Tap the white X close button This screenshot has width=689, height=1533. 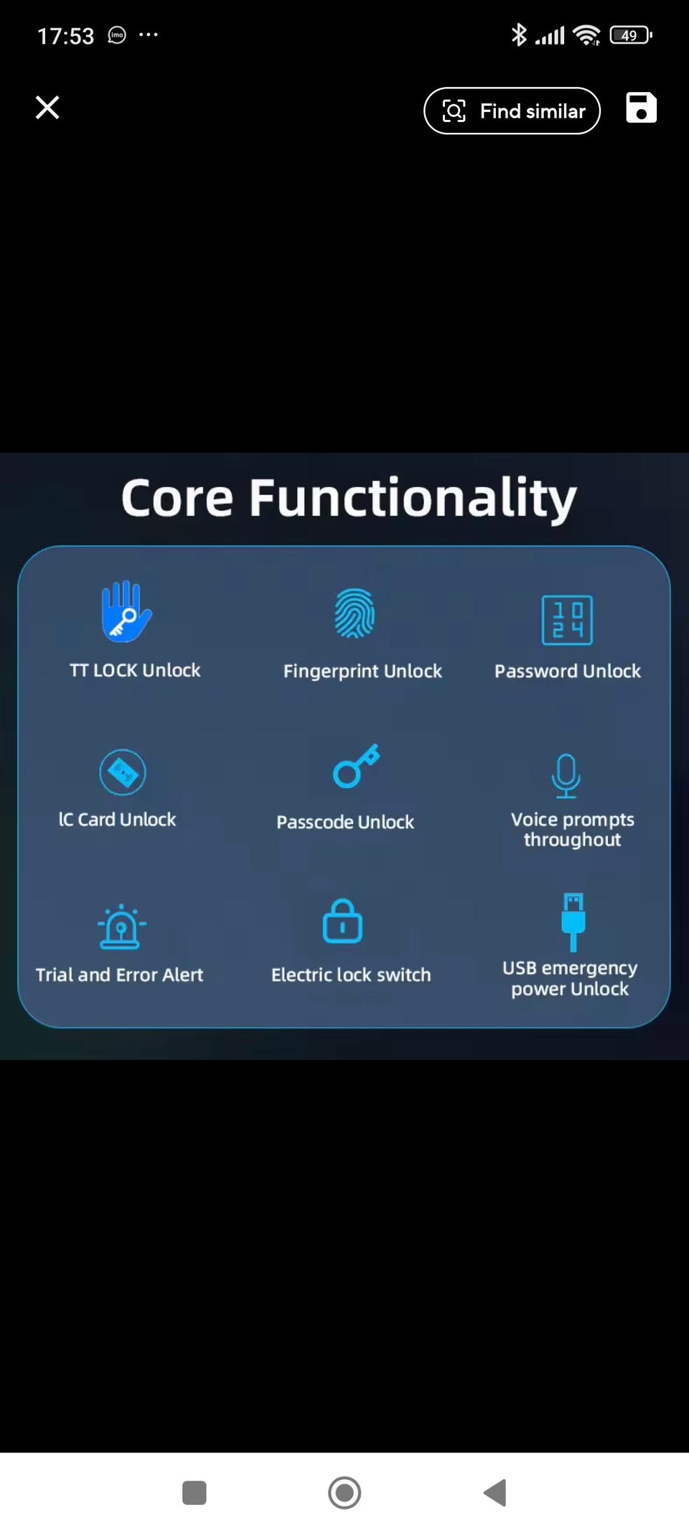[x=47, y=108]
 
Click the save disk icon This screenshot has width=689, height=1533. [x=641, y=108]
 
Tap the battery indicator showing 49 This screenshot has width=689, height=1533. [x=630, y=35]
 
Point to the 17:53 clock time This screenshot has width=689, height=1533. [x=65, y=36]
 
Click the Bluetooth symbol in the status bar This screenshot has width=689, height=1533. [x=518, y=34]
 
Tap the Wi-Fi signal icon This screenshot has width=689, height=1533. [x=587, y=35]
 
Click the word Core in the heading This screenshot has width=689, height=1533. [x=177, y=498]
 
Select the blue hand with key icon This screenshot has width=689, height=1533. [x=126, y=611]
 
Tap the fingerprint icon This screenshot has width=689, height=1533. [x=355, y=613]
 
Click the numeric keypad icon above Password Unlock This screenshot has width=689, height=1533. [x=567, y=620]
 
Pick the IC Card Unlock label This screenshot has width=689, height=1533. [x=117, y=820]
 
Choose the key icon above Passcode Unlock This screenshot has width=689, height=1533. [x=356, y=766]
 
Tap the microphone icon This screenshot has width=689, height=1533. [x=566, y=776]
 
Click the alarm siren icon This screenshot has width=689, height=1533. [x=121, y=927]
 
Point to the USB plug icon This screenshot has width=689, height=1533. [x=573, y=922]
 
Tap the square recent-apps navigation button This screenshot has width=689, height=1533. [x=194, y=1493]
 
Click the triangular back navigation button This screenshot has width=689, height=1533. [x=495, y=1493]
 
